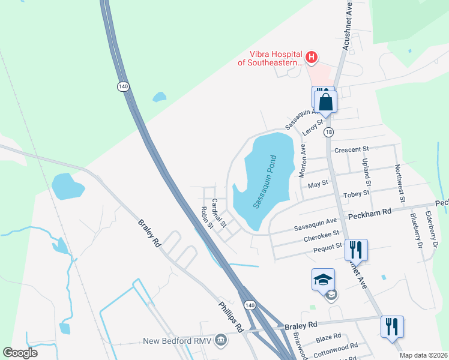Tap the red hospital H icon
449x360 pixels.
click(x=312, y=58)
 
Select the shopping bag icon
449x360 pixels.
click(x=325, y=101)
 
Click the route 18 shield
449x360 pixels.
click(x=328, y=132)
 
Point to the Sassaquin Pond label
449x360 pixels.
click(x=265, y=182)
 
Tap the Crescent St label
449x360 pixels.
click(x=350, y=149)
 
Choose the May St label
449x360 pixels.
click(x=318, y=183)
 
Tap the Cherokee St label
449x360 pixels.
click(x=322, y=234)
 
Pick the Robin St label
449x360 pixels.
click(x=206, y=218)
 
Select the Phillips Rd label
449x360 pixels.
click(x=231, y=316)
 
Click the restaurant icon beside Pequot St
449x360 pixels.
click(x=357, y=249)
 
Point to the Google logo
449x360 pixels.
click(x=20, y=353)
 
